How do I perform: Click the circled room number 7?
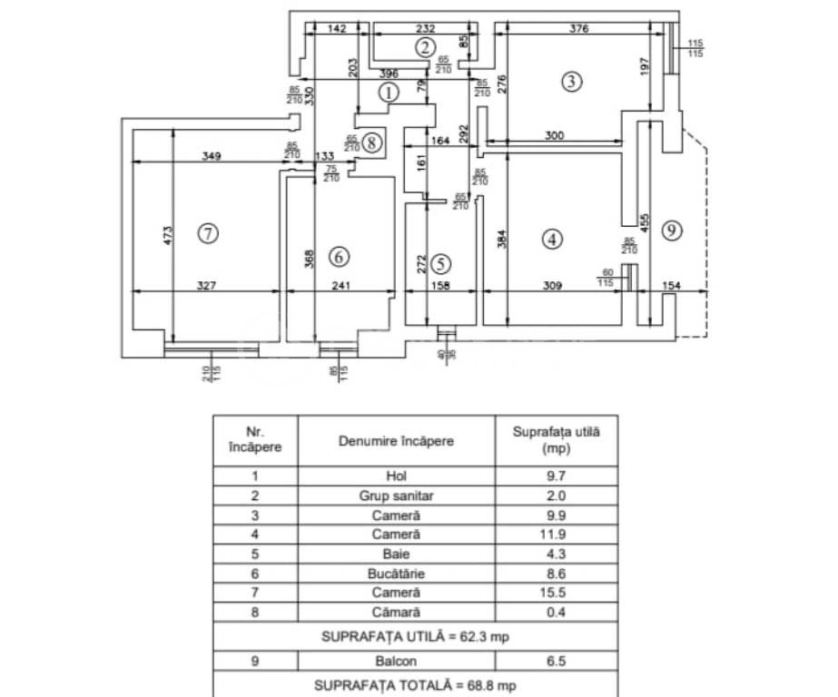pyautogui.click(x=208, y=233)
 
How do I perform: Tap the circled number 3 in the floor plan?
pyautogui.click(x=570, y=82)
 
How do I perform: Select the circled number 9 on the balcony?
pyautogui.click(x=671, y=231)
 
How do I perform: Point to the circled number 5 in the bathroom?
pyautogui.click(x=440, y=264)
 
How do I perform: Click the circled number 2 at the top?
pyautogui.click(x=425, y=47)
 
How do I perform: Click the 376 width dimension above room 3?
pyautogui.click(x=580, y=29)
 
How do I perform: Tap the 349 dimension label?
pyautogui.click(x=211, y=156)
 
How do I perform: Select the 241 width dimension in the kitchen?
pyautogui.click(x=339, y=285)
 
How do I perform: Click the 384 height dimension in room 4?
pyautogui.click(x=503, y=238)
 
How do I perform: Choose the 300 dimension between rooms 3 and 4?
pyautogui.click(x=555, y=135)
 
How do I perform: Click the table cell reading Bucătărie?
pyautogui.click(x=396, y=574)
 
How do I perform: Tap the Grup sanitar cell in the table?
pyautogui.click(x=396, y=496)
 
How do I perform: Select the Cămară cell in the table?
pyautogui.click(x=396, y=613)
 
